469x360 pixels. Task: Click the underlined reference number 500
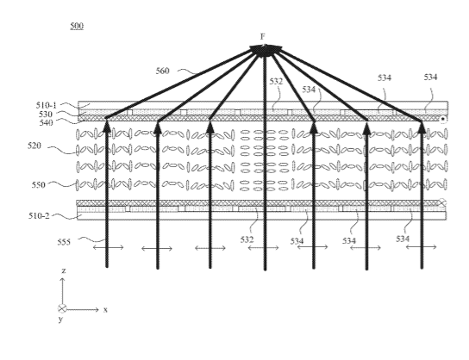point(77,26)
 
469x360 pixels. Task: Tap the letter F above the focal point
point(263,36)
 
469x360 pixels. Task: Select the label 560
point(162,71)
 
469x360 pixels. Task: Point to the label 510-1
point(46,105)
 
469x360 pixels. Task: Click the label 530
point(46,115)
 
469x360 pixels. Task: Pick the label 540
point(46,123)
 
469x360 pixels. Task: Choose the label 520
point(34,146)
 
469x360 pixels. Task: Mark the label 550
point(39,185)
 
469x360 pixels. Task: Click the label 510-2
point(39,215)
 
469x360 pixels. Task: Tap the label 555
point(64,242)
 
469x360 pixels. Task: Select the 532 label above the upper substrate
point(276,81)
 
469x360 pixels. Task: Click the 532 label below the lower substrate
point(247,239)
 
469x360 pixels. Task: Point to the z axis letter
point(64,271)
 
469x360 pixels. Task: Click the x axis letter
point(105,310)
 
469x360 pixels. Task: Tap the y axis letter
point(60,320)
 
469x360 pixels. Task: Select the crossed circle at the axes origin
point(62,308)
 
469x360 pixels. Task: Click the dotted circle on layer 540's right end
point(443,119)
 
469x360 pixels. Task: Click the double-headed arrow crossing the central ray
point(264,248)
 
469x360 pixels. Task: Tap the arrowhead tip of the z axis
point(63,278)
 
